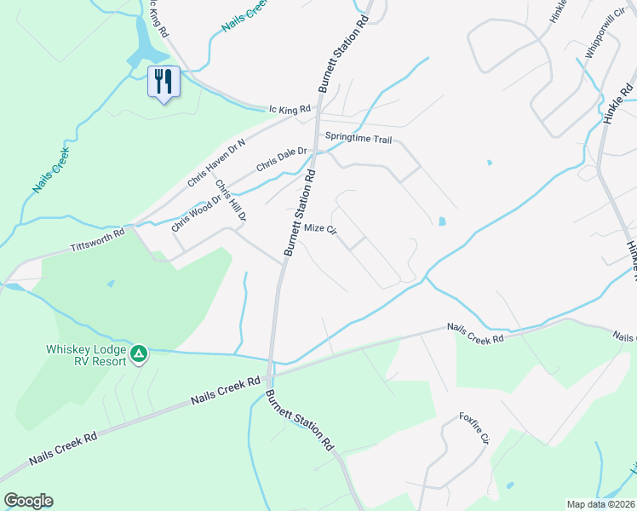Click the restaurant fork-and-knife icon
tap(164, 81)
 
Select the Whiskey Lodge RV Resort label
tap(86, 355)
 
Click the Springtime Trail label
tap(357, 137)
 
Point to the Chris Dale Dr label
tap(280, 158)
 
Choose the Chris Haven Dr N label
tap(215, 162)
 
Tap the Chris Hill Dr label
tap(230, 201)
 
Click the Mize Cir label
tap(321, 229)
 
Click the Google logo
tap(28, 501)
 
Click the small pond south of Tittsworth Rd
tap(111, 284)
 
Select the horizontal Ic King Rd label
tap(290, 108)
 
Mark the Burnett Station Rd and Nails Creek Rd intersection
tap(269, 372)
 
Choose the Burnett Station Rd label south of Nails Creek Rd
tap(299, 421)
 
